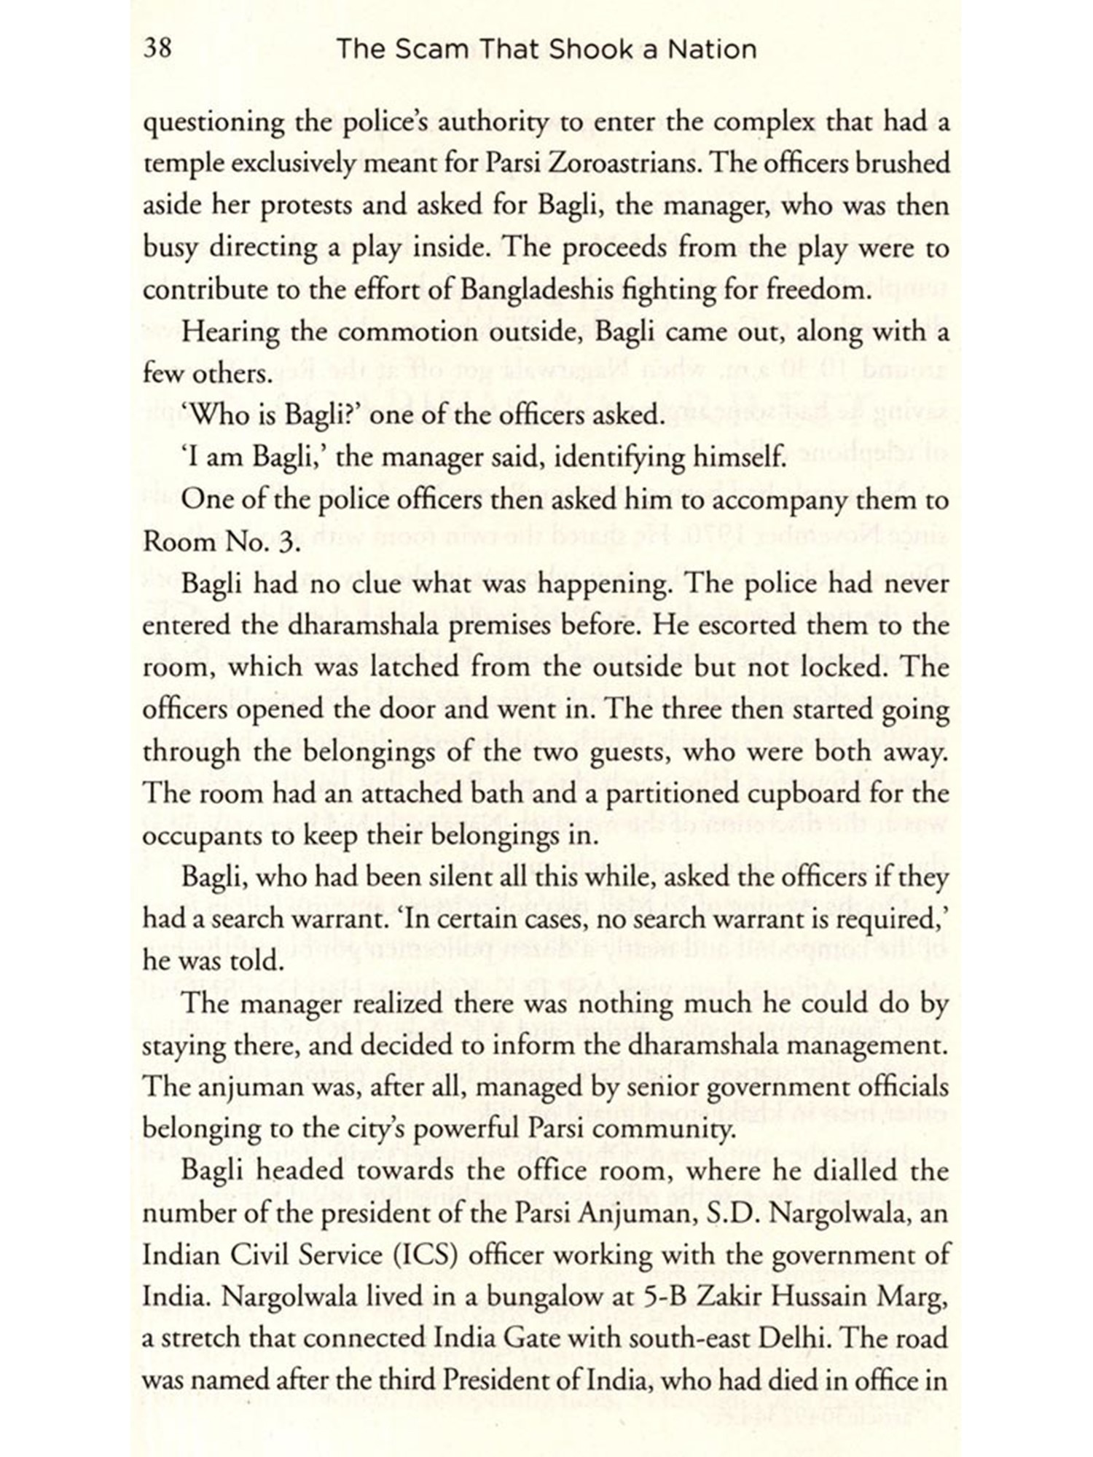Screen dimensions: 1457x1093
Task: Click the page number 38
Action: (x=157, y=50)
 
